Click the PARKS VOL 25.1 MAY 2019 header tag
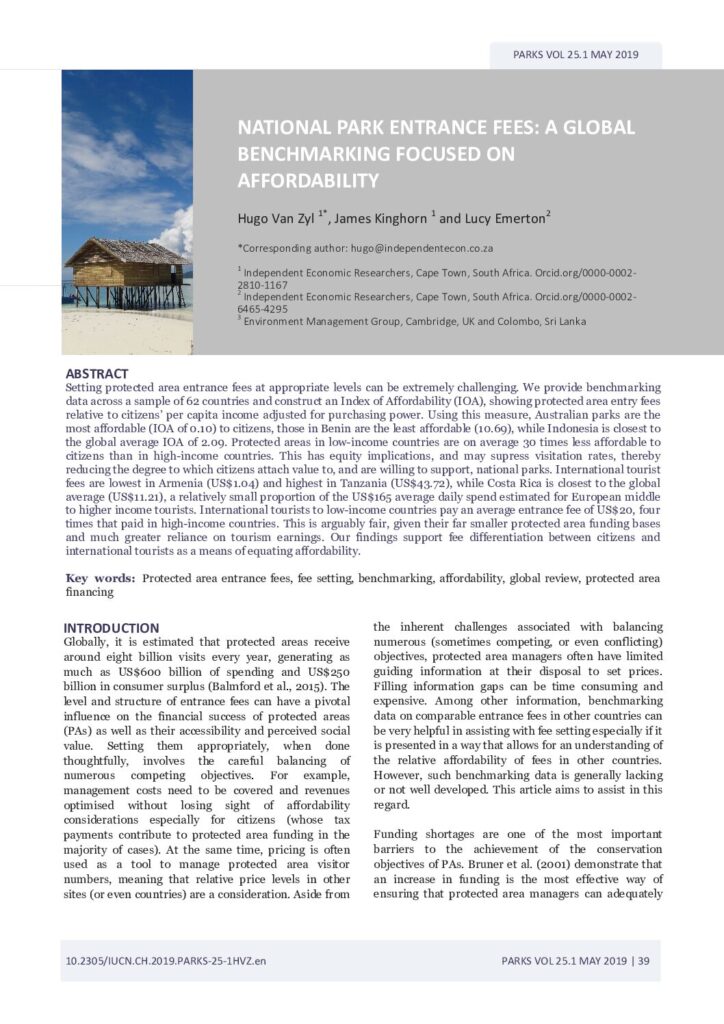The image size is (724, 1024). click(x=576, y=55)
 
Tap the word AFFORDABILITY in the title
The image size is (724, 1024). click(x=308, y=181)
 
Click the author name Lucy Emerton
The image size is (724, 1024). click(x=504, y=218)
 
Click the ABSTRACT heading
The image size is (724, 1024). click(x=96, y=373)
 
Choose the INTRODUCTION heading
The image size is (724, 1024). click(x=111, y=628)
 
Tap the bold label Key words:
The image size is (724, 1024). click(x=101, y=578)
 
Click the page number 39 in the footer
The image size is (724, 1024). click(x=644, y=961)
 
